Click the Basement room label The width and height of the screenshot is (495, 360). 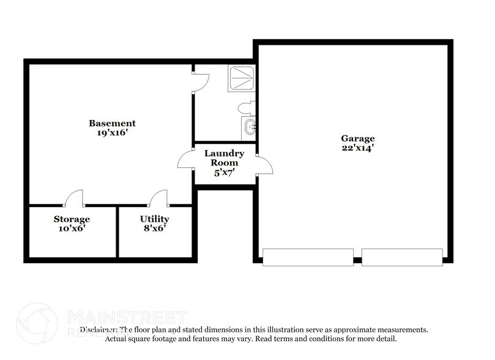(x=112, y=123)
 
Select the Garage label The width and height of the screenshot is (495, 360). (x=358, y=138)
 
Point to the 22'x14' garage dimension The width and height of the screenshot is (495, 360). (x=358, y=148)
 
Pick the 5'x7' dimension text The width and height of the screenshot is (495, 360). (x=225, y=173)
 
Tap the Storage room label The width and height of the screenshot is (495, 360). (x=72, y=219)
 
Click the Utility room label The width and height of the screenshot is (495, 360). (x=154, y=219)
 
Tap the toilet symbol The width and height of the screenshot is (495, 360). (x=246, y=108)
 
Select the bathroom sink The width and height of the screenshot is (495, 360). (x=250, y=129)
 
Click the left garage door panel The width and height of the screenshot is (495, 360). (x=308, y=257)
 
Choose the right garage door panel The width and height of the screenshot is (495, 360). (x=402, y=257)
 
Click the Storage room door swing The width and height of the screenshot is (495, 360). (x=75, y=198)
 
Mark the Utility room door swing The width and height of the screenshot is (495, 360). (x=159, y=198)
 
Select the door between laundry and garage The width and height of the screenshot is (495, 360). (x=264, y=164)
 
